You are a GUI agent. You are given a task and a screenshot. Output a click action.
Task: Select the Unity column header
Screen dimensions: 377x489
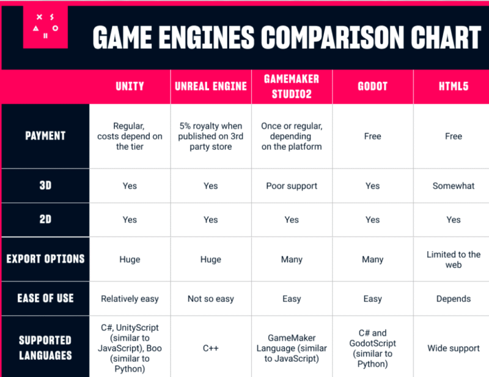[130, 86]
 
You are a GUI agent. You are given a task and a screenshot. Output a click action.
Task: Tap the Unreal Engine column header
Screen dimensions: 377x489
[211, 86]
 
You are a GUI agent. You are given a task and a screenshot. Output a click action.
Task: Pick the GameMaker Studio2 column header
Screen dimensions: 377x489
[292, 86]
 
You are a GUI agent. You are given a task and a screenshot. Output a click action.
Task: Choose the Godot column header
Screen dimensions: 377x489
[372, 86]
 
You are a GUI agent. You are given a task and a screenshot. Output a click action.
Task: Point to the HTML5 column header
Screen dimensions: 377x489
[453, 86]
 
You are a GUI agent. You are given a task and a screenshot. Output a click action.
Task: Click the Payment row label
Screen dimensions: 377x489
[45, 136]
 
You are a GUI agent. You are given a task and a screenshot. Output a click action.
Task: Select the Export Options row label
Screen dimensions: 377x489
[45, 259]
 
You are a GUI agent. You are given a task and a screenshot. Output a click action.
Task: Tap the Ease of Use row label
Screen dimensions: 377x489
[45, 298]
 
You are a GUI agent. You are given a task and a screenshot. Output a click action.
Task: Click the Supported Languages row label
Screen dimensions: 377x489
[45, 348]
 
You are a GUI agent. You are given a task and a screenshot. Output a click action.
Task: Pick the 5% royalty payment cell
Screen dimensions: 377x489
[211, 136]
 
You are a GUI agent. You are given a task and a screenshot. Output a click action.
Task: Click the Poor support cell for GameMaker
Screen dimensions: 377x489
[292, 186]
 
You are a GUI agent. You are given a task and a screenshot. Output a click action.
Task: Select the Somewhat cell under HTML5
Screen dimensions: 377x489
[453, 186]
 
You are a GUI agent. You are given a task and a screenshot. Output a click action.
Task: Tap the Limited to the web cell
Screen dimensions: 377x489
[453, 259]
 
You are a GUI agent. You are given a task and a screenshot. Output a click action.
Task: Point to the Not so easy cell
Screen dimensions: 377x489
[211, 299]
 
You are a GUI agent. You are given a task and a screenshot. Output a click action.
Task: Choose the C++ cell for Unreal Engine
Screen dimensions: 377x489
[211, 348]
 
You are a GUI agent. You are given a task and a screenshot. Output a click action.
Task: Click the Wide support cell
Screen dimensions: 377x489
[453, 348]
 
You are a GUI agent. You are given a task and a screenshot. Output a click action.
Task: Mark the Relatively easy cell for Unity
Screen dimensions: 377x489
[130, 299]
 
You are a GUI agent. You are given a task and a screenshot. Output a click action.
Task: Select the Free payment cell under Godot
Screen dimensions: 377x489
[372, 136]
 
